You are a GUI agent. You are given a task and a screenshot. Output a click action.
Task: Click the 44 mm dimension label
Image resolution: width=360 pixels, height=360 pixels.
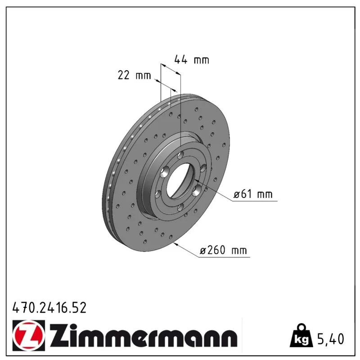coord(192,59)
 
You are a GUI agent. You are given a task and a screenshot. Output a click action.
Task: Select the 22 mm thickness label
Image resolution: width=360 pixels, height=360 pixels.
coord(134,75)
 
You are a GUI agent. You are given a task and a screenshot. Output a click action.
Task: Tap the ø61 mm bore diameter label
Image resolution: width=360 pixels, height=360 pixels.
coord(253,194)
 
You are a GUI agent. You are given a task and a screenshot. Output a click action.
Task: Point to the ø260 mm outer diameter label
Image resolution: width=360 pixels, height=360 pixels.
coord(223,250)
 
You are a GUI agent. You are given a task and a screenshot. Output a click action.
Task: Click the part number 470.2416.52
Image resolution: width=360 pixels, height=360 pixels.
coord(49,308)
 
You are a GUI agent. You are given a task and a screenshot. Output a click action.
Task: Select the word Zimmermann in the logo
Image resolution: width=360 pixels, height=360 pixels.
coord(144,335)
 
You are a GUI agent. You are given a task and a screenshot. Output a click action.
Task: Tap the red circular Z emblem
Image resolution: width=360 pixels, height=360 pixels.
coord(29,335)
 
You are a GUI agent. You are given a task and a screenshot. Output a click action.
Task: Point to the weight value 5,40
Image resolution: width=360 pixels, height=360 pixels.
coord(331,339)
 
